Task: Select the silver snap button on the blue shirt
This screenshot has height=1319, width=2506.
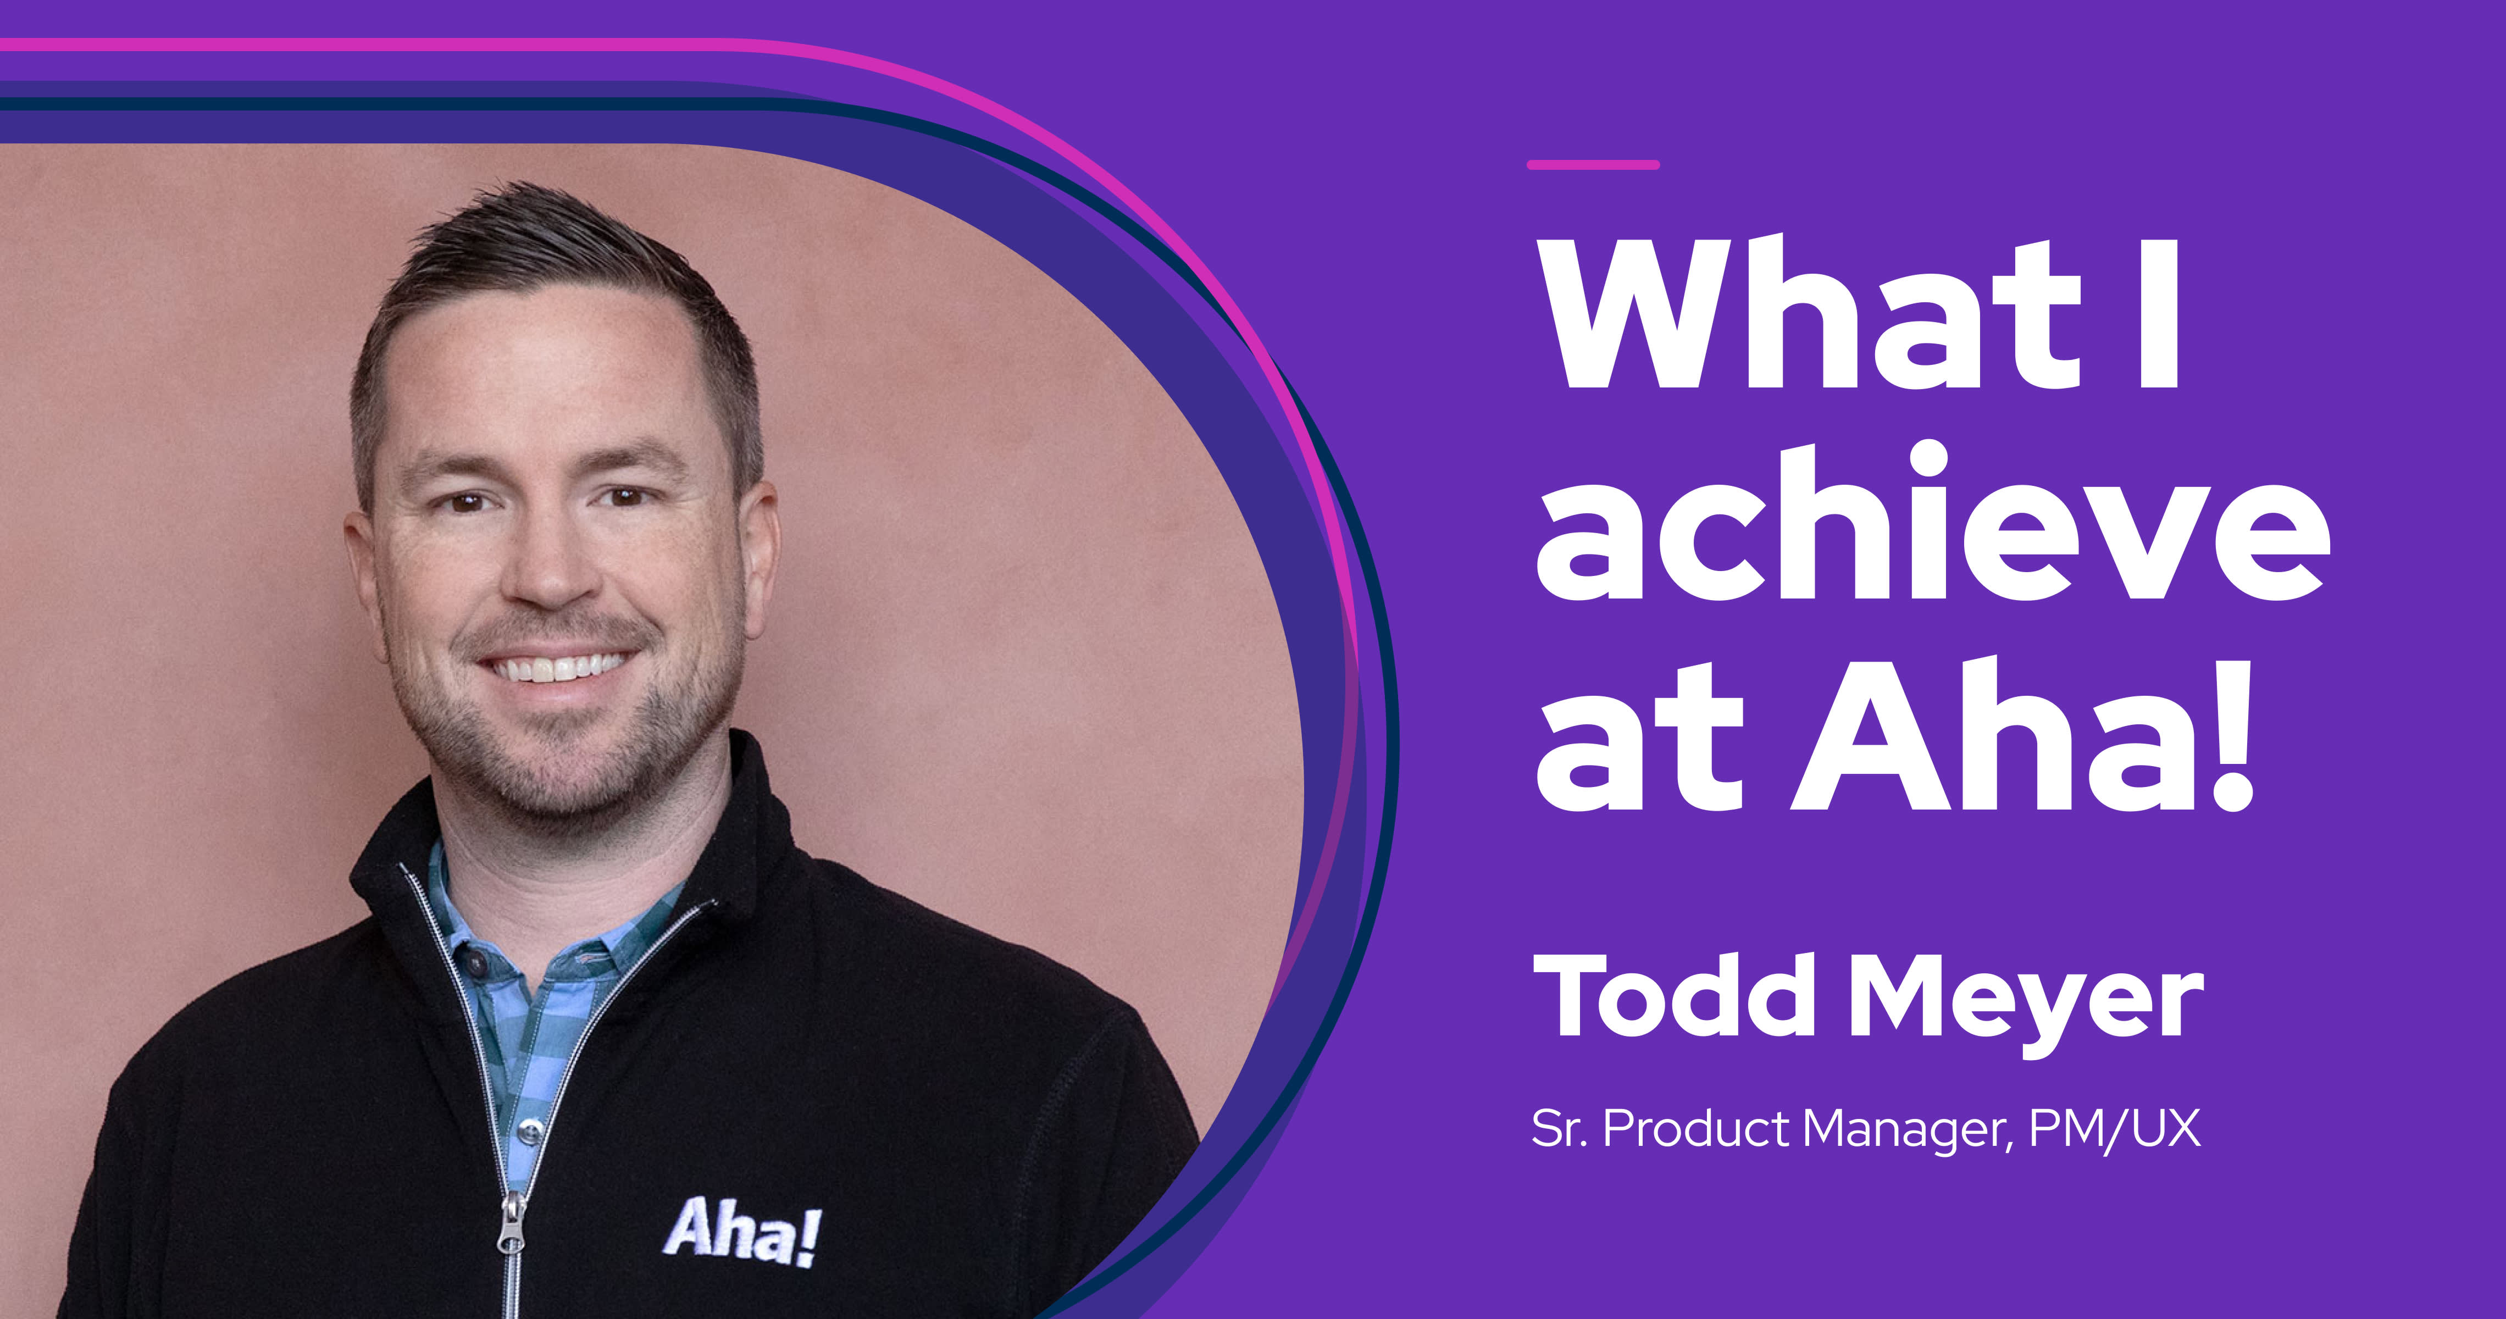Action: pyautogui.click(x=530, y=1130)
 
